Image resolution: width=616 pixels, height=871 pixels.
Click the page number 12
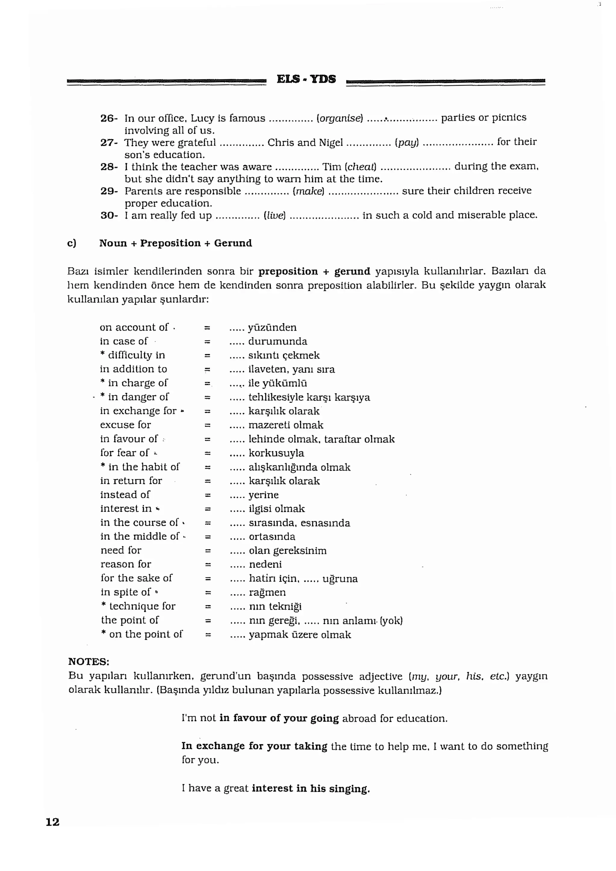[52, 822]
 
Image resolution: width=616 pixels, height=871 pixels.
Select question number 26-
[109, 118]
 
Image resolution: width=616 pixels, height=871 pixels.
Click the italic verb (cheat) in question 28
[360, 167]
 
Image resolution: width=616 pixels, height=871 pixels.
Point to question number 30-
[109, 216]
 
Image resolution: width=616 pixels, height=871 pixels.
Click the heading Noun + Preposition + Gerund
[175, 243]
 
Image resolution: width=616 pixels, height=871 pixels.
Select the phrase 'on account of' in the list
[134, 327]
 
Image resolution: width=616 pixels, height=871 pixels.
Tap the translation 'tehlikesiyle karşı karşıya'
[309, 397]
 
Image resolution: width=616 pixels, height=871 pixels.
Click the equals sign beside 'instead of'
[208, 495]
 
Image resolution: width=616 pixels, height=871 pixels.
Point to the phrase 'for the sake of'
[136, 578]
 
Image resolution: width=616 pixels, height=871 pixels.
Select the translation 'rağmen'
[267, 593]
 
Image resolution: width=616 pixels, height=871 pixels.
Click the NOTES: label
[88, 662]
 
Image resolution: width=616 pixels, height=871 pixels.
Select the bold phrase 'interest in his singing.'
[310, 788]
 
